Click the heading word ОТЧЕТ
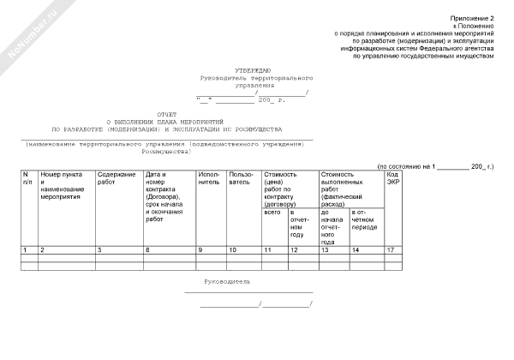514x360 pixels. [x=168, y=114]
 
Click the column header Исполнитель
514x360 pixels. [x=209, y=178]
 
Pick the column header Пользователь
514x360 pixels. [x=241, y=178]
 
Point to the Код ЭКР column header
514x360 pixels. [x=394, y=178]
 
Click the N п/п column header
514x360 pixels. [x=27, y=178]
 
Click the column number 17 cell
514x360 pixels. [x=391, y=249]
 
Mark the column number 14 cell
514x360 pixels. [x=356, y=249]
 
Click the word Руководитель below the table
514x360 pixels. [x=228, y=281]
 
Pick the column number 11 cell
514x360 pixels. [x=268, y=249]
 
